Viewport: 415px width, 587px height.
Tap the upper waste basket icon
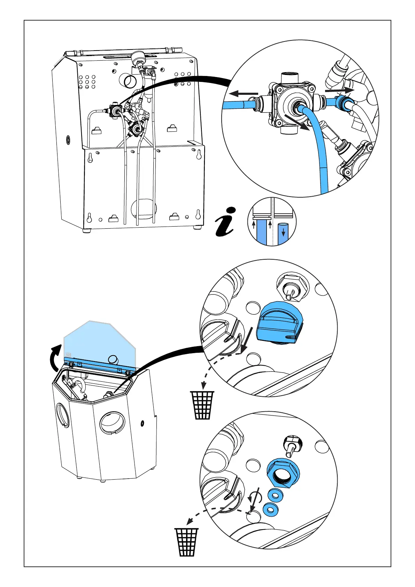pyautogui.click(x=202, y=405)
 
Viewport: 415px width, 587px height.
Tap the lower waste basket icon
pyautogui.click(x=187, y=542)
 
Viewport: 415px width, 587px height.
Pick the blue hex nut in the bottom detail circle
pyautogui.click(x=283, y=474)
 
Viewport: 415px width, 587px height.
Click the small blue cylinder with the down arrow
pyautogui.click(x=283, y=230)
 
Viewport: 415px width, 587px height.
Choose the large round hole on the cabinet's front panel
pyautogui.click(x=112, y=424)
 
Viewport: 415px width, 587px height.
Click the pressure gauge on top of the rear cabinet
pyautogui.click(x=136, y=56)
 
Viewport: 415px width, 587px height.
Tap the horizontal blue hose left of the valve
pyautogui.click(x=237, y=105)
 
